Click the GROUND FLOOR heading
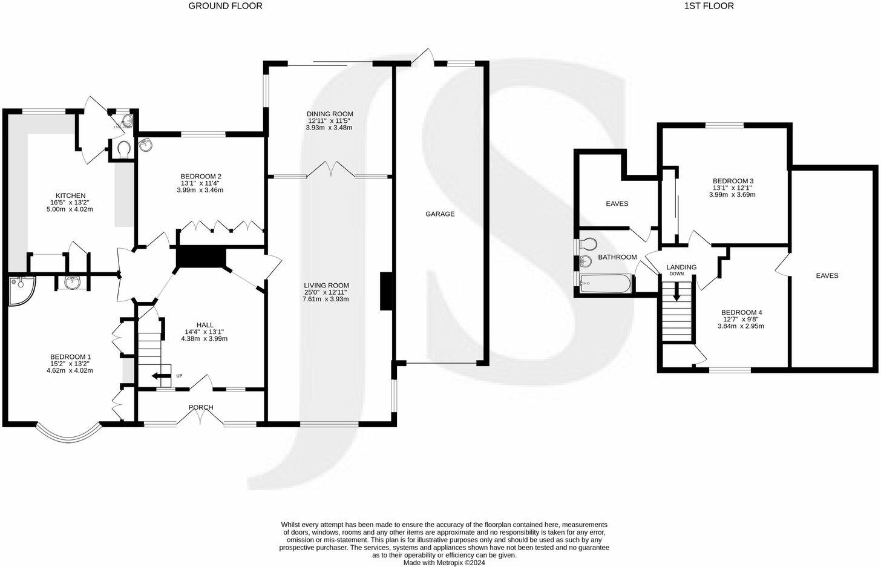pos(225,6)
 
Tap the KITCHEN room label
pos(70,195)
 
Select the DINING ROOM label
pos(329,114)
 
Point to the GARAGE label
pos(439,214)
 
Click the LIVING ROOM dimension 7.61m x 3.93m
pos(327,299)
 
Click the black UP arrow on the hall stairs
pos(161,376)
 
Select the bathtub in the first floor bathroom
pos(605,283)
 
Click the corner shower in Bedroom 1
pos(21,284)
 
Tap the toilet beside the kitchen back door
pos(124,149)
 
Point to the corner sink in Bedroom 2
pos(145,144)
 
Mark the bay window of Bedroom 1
pos(67,431)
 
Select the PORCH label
pos(201,407)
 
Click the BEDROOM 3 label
pos(732,181)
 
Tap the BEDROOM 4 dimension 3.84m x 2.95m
pos(741,326)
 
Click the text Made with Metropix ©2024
pos(444,562)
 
